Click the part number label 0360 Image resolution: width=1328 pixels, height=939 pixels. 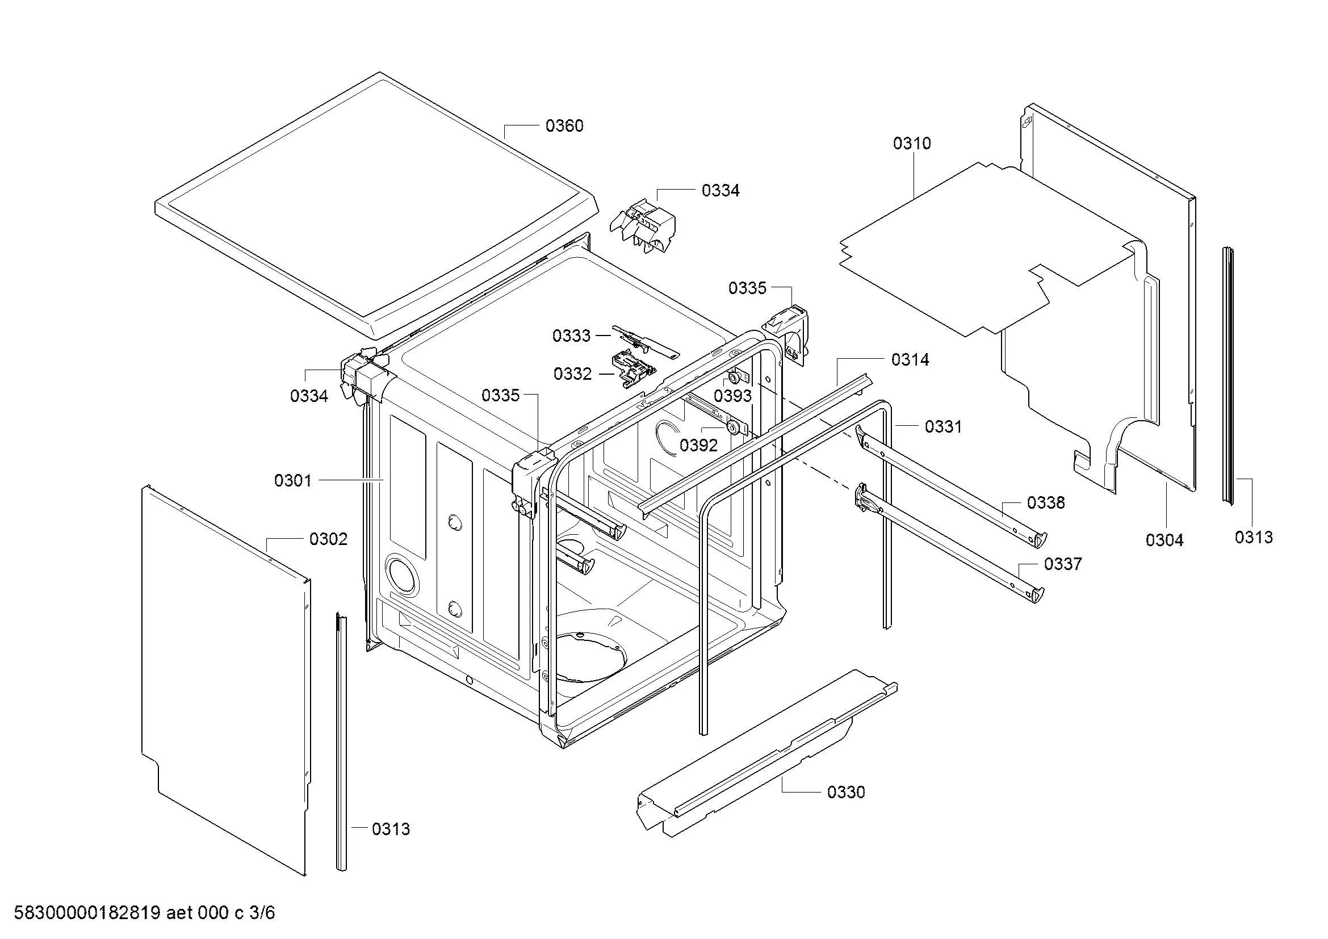pyautogui.click(x=564, y=126)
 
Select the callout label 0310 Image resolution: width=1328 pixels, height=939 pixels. pyautogui.click(x=912, y=144)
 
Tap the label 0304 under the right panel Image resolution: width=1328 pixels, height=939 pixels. pyautogui.click(x=1164, y=540)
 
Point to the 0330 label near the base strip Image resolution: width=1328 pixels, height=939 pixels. pyautogui.click(x=845, y=792)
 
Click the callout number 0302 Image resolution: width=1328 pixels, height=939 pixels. pyautogui.click(x=329, y=539)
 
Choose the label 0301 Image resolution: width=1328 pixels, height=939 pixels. pyautogui.click(x=292, y=480)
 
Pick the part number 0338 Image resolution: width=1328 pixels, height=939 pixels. pyautogui.click(x=1046, y=502)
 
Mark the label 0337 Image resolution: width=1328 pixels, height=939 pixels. pyautogui.click(x=1062, y=564)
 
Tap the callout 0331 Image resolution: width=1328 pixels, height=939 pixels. pyautogui.click(x=944, y=427)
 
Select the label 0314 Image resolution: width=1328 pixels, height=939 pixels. pyautogui.click(x=910, y=359)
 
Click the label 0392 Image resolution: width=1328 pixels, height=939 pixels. pyautogui.click(x=699, y=445)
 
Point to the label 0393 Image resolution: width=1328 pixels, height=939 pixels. pyautogui.click(x=733, y=396)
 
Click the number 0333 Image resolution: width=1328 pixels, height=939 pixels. pyautogui.click(x=572, y=336)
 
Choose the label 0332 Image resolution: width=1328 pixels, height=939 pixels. pyautogui.click(x=573, y=374)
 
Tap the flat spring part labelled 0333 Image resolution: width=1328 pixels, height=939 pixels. pyautogui.click(x=646, y=342)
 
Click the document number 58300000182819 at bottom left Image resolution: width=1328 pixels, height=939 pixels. pyautogui.click(x=87, y=912)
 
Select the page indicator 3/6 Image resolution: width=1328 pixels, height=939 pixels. pyautogui.click(x=262, y=912)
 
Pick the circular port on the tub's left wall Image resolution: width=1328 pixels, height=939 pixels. pyautogui.click(x=403, y=573)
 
